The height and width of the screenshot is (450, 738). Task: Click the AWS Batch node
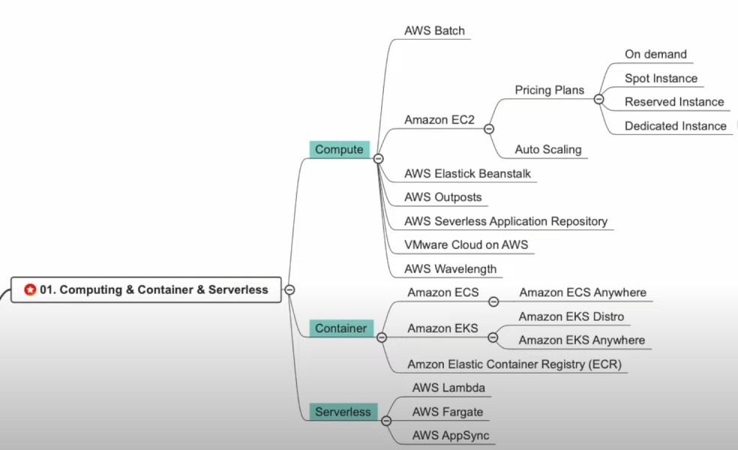click(x=434, y=31)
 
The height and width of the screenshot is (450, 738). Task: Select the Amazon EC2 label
click(x=439, y=119)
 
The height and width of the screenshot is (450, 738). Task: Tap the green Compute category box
click(x=339, y=149)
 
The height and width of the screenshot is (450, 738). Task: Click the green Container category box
click(x=340, y=328)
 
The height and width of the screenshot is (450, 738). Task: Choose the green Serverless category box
click(x=343, y=412)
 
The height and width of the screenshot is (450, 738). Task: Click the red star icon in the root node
click(x=30, y=289)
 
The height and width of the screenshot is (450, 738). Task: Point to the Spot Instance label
click(x=661, y=78)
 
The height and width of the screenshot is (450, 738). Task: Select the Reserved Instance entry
click(x=674, y=102)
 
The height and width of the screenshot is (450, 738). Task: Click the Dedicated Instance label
click(x=675, y=126)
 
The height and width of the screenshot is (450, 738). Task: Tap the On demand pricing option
click(x=655, y=54)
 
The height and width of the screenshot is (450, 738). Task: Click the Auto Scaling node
click(x=547, y=149)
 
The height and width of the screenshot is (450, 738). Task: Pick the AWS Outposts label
click(x=442, y=197)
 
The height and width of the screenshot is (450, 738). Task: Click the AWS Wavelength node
click(x=450, y=268)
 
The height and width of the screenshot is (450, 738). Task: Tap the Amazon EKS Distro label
click(x=571, y=316)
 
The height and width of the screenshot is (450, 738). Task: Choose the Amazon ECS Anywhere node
click(x=583, y=292)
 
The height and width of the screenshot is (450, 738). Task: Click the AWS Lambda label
click(x=448, y=388)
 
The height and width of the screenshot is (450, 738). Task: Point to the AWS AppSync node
click(x=451, y=436)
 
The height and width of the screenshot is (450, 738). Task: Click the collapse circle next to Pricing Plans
click(x=598, y=99)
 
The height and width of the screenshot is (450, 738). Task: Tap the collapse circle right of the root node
click(x=289, y=289)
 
